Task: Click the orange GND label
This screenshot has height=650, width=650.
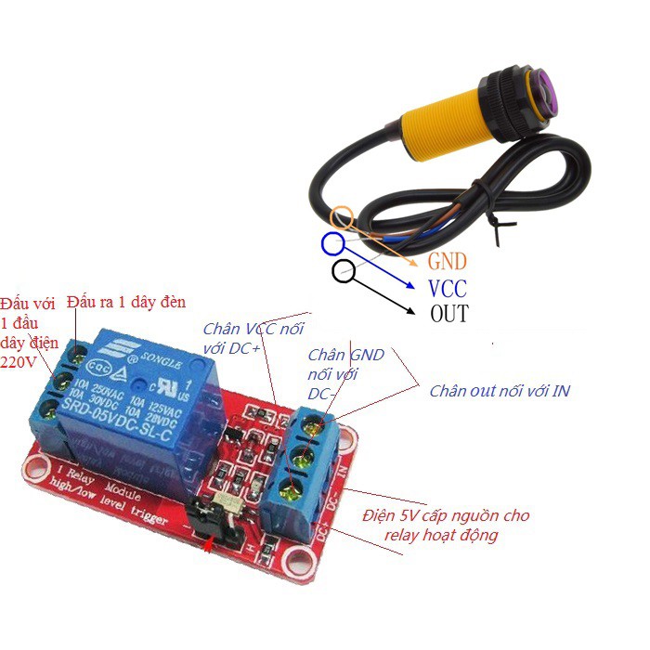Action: click(448, 262)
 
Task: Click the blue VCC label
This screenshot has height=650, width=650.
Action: click(448, 288)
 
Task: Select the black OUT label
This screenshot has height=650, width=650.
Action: click(449, 313)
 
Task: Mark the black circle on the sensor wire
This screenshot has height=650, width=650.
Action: click(343, 271)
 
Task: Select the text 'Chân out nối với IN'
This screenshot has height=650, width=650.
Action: click(500, 391)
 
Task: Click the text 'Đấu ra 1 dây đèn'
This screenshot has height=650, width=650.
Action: click(126, 303)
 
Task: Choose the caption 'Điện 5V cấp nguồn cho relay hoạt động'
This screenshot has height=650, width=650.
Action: click(446, 525)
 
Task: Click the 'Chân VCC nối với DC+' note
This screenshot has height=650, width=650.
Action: click(253, 339)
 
